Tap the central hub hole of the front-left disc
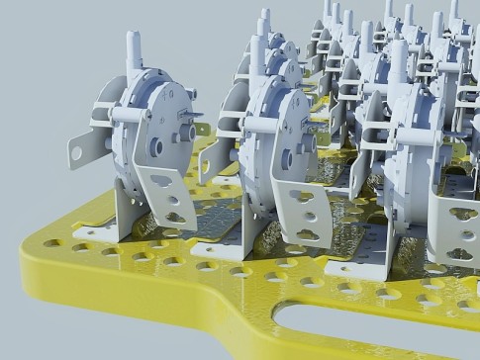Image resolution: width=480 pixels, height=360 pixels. tap(156, 147)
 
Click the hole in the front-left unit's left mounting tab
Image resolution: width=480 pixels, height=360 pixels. tap(76, 153)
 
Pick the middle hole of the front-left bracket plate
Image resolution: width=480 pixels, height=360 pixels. tap(173, 201)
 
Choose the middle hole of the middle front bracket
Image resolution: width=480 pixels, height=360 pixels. tap(308, 216)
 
